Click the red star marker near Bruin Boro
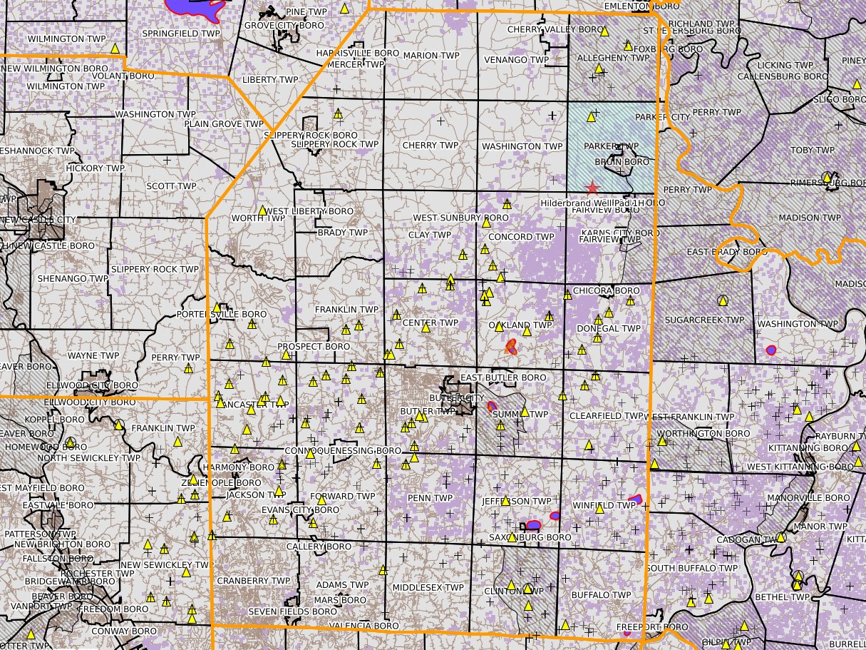592,188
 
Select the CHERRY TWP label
430,146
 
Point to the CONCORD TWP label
521,237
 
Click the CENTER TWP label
430,323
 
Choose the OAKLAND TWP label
520,325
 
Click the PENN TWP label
430,498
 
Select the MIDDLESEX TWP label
428,587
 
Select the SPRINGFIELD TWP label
181,34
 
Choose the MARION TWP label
431,55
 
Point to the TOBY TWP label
812,151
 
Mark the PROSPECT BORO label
314,347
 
